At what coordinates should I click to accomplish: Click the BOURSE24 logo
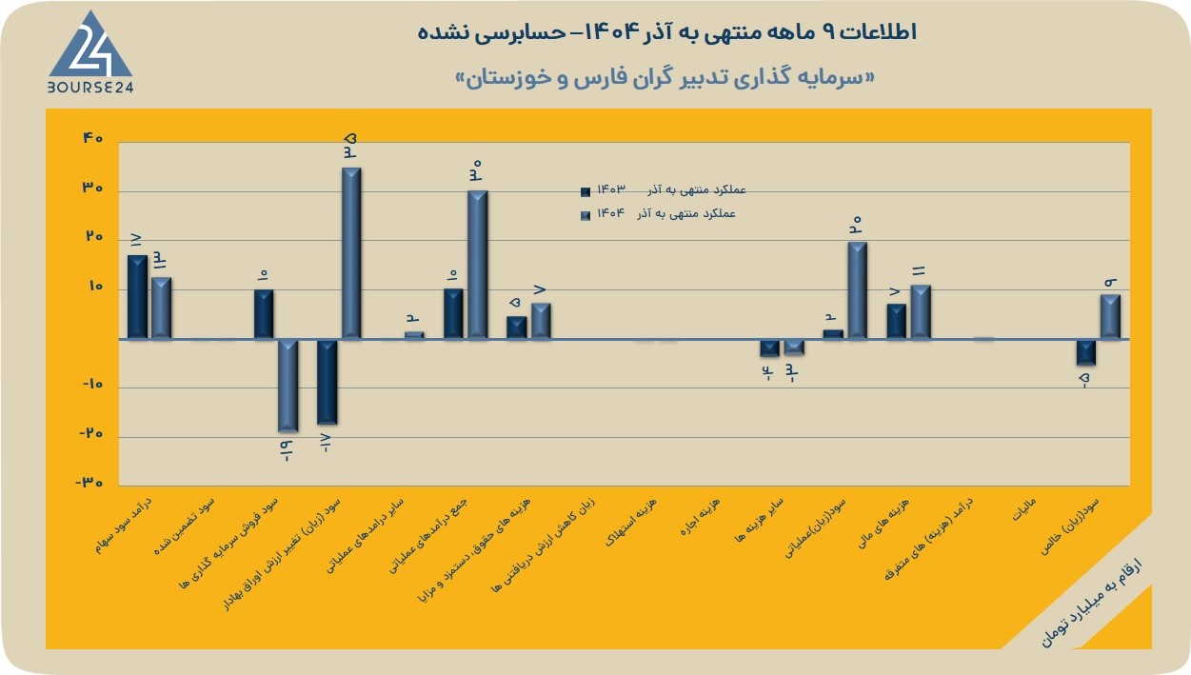(x=90, y=52)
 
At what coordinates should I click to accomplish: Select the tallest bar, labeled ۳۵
(x=351, y=253)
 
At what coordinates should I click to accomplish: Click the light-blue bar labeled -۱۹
(x=288, y=386)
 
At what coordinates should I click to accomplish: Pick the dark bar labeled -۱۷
(x=327, y=382)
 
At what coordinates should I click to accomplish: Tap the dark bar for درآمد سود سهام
(x=137, y=297)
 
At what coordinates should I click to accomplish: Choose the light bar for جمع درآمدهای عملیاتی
(x=478, y=264)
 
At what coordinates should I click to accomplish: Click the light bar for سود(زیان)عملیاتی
(x=858, y=290)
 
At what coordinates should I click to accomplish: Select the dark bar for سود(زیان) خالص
(x=1086, y=352)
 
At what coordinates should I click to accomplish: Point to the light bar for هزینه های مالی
(x=921, y=311)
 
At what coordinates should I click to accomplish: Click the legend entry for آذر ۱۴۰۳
(x=664, y=190)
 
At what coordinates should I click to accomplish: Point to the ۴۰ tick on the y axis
(x=93, y=138)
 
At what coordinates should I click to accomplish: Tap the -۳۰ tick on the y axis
(x=89, y=483)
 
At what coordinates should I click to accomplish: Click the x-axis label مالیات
(x=1023, y=509)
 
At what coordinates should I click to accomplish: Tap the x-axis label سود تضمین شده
(x=185, y=526)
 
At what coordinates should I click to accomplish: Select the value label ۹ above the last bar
(x=1111, y=282)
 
